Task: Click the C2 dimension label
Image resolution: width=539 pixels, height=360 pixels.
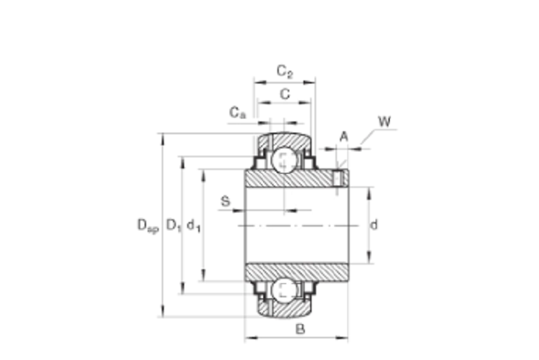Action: click(x=285, y=72)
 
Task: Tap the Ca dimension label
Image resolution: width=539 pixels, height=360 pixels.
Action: click(x=238, y=113)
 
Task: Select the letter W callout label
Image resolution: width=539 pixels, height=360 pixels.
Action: click(x=385, y=121)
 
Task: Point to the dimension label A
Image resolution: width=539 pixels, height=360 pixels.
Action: click(x=344, y=136)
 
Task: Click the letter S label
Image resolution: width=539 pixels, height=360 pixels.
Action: click(x=225, y=201)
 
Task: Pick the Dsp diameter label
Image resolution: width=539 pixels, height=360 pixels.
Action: click(x=148, y=226)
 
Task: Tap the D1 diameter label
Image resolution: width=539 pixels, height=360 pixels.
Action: click(x=174, y=225)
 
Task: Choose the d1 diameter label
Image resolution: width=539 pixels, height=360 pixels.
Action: click(x=194, y=226)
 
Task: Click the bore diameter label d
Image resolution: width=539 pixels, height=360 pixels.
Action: click(x=373, y=225)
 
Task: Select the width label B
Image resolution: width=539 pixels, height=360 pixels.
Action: click(x=300, y=329)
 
